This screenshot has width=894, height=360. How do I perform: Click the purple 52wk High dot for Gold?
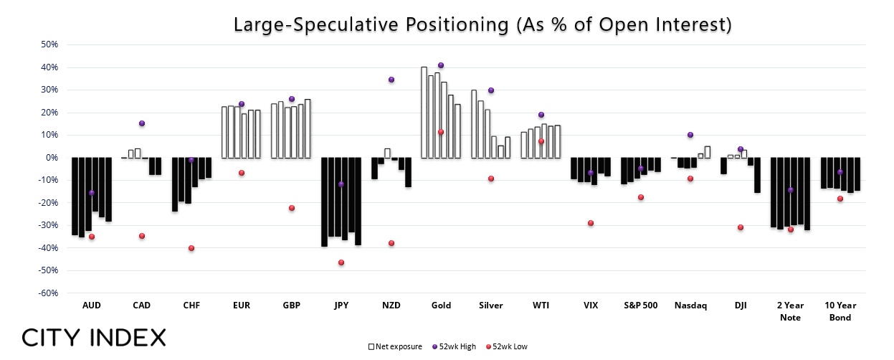(441, 65)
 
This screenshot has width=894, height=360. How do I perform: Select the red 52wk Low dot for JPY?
(341, 262)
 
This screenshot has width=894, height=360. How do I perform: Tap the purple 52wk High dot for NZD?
(391, 80)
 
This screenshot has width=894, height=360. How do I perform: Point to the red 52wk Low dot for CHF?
(191, 248)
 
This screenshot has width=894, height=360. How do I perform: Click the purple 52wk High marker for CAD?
(142, 124)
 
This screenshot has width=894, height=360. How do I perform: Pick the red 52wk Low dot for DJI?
(741, 227)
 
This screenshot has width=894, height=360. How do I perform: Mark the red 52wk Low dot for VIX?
(591, 223)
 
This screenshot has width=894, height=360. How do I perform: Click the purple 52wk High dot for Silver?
(491, 90)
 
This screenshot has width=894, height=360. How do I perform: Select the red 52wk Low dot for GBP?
(292, 208)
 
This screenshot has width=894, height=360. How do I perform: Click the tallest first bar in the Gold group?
(424, 113)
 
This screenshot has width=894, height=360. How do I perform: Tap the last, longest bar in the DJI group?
(757, 175)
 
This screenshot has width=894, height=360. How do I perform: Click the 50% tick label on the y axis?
(49, 44)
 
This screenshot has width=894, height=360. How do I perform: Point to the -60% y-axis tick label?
(48, 293)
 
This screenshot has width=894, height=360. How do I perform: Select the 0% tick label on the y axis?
(52, 158)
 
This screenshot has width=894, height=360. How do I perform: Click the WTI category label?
(541, 305)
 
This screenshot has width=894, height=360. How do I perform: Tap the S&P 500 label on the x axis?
(640, 305)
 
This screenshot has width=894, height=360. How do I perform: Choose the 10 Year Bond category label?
(840, 311)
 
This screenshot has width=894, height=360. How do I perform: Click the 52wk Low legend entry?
(507, 346)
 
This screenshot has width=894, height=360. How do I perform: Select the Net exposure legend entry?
(395, 346)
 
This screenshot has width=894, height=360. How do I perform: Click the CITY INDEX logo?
(94, 338)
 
